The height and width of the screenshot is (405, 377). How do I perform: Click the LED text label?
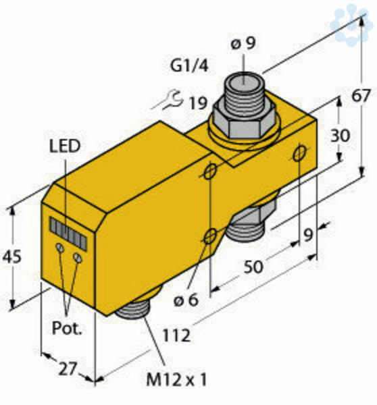pyautogui.click(x=65, y=146)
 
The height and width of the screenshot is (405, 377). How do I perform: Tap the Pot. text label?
pyautogui.click(x=67, y=329)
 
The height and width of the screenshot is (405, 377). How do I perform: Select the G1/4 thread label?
pyautogui.click(x=189, y=66)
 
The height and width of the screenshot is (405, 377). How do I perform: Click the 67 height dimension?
pyautogui.click(x=361, y=96)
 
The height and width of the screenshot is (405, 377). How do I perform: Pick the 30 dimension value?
pyautogui.click(x=341, y=136)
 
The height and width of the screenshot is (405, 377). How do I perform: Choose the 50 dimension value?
pyautogui.click(x=253, y=267)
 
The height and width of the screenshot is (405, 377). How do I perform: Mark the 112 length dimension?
pyautogui.click(x=176, y=335)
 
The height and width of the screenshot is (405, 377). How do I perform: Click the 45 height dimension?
pyautogui.click(x=11, y=257)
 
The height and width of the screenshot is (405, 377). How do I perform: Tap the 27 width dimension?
pyautogui.click(x=68, y=369)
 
